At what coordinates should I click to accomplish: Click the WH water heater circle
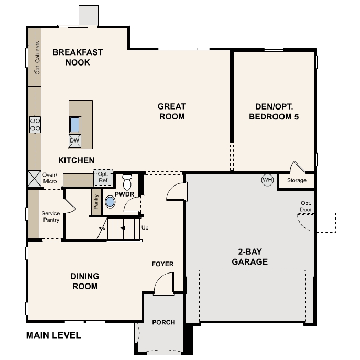268,180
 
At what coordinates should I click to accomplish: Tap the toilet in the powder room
127,183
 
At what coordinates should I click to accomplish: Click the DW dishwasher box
74,140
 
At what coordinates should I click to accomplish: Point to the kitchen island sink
75,124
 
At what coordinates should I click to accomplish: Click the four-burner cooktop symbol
35,125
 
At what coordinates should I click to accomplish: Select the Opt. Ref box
102,178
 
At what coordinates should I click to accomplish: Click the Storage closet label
297,181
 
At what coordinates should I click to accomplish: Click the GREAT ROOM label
171,112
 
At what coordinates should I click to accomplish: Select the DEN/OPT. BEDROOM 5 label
274,112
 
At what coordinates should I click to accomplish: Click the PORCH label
163,322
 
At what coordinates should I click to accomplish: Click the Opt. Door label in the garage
306,206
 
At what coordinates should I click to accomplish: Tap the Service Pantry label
51,216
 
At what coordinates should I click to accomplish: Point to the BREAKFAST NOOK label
78,57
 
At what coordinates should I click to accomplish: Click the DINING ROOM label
84,281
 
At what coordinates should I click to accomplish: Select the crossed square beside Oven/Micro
35,178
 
